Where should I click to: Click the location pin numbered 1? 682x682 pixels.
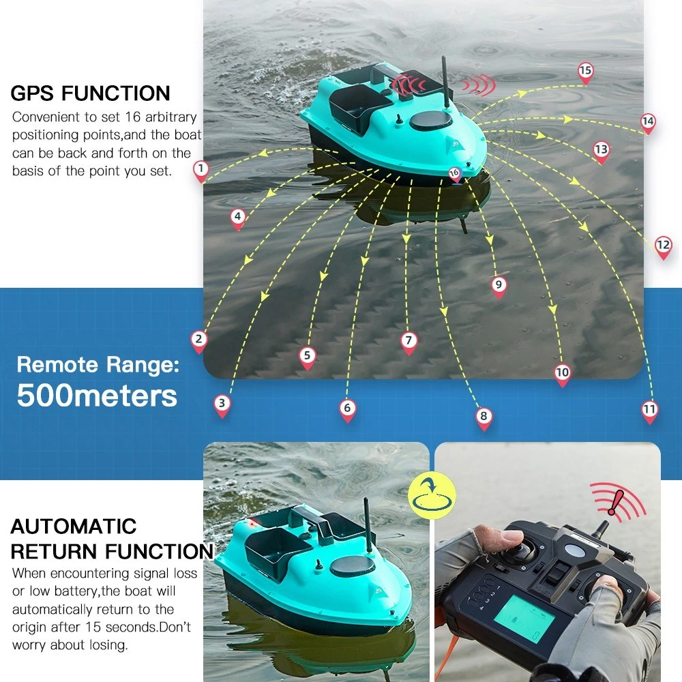click(201, 171)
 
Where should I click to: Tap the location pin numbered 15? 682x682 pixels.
click(585, 73)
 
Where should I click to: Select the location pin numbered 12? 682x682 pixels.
click(664, 248)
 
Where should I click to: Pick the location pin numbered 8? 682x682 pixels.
click(484, 419)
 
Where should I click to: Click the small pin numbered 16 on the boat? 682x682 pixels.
click(454, 175)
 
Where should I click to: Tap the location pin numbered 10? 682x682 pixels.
click(562, 375)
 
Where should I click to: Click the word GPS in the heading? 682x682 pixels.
click(33, 93)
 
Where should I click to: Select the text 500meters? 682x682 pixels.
click(97, 396)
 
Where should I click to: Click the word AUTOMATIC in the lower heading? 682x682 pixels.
click(73, 527)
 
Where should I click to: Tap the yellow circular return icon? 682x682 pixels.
click(432, 495)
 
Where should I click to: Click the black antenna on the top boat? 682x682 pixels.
click(445, 83)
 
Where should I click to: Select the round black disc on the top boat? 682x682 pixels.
click(430, 121)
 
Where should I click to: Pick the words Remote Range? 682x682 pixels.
click(98, 364)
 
